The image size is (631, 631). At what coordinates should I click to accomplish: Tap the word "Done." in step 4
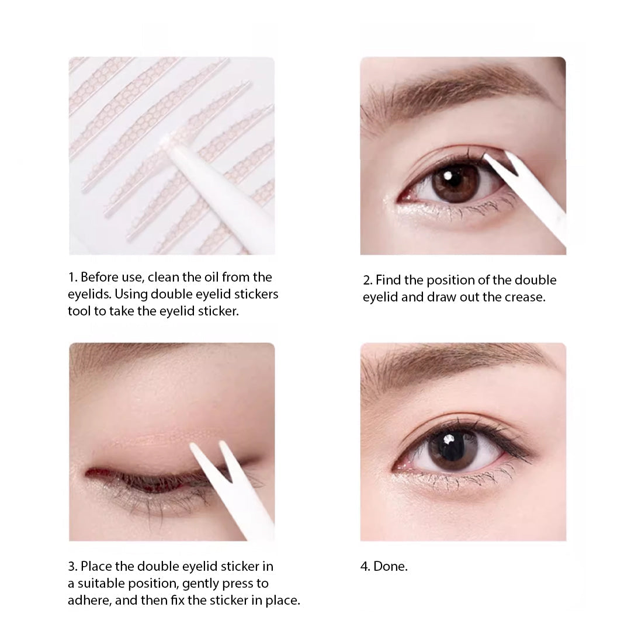[390, 566]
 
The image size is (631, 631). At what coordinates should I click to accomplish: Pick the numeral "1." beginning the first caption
[73, 277]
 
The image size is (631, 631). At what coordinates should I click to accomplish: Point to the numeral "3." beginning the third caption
[73, 566]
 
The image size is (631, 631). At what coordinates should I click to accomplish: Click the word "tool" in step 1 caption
[79, 311]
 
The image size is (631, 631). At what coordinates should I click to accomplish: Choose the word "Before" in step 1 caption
[99, 277]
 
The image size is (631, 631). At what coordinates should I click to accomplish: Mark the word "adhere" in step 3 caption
[87, 600]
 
